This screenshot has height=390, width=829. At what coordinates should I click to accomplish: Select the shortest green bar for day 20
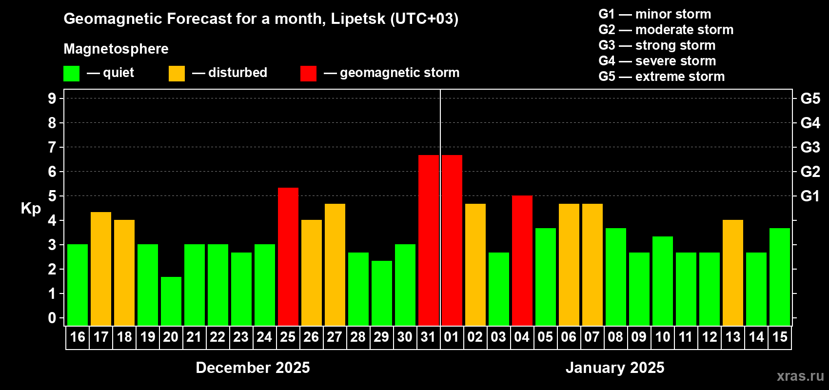[171, 301]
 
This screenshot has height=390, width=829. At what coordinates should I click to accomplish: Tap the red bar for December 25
[288, 256]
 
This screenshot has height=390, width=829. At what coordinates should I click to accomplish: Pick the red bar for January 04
[522, 260]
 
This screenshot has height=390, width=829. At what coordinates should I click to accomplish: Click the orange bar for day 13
[732, 273]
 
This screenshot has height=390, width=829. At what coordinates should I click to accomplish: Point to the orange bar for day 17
[101, 269]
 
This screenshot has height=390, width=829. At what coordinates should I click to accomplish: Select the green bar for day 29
[381, 293]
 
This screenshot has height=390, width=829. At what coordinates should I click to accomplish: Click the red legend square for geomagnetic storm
[308, 74]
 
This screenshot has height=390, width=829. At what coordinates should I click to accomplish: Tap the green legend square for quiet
[72, 74]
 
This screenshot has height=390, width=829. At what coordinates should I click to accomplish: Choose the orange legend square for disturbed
[177, 74]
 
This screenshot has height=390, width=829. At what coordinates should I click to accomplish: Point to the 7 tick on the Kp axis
[52, 147]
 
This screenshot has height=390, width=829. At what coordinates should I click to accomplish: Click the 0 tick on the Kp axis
[52, 318]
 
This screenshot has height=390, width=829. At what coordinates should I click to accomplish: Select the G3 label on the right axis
[810, 147]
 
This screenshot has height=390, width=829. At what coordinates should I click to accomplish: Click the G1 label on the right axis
[810, 196]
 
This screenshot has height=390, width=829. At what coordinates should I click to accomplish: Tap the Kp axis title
[31, 209]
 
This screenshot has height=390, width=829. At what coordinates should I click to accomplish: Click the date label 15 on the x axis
[779, 337]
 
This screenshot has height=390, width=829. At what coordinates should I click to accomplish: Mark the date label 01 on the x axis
[452, 337]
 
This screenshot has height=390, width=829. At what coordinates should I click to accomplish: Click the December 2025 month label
[253, 368]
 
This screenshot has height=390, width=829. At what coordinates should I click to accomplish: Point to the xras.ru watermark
[800, 376]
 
